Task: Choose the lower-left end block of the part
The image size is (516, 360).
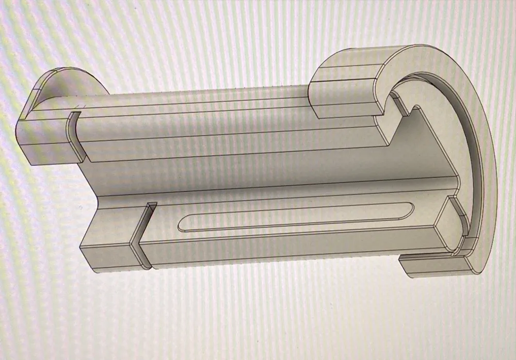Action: tap(108, 253)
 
